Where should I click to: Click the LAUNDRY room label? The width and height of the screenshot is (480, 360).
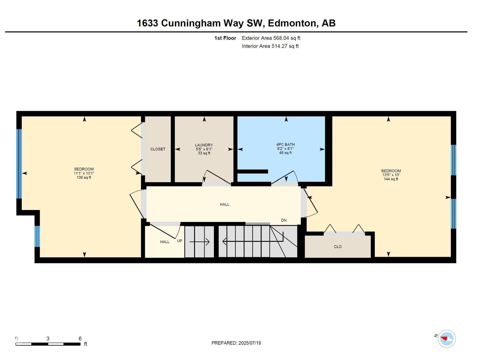204,145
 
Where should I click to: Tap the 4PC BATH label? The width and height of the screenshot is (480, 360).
285,144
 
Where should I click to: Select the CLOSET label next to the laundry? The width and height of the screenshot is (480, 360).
158,149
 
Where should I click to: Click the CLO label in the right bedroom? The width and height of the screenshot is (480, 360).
337,247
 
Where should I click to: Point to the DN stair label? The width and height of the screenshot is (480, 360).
284,220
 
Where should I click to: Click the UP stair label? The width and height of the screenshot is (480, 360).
179,241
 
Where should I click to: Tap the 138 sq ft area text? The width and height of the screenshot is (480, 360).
84,177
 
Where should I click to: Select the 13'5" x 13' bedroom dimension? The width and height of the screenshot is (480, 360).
391,175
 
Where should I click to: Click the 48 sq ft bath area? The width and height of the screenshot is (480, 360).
285,153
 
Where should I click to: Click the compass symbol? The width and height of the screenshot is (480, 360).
447,339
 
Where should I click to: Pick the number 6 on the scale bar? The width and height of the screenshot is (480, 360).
80,338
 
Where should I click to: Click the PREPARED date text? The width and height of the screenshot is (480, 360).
236,343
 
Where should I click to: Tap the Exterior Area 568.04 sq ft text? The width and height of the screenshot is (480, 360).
271,38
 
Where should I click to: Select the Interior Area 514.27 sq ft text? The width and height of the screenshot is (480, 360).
270,46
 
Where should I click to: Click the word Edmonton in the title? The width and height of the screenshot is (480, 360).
292,23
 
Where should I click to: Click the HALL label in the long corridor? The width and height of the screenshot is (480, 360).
224,204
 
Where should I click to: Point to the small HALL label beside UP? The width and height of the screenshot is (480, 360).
164,242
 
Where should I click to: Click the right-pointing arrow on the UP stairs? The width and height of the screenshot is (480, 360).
200,242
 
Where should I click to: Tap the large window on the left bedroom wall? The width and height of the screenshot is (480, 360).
19,163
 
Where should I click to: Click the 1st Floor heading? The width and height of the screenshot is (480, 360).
225,38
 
